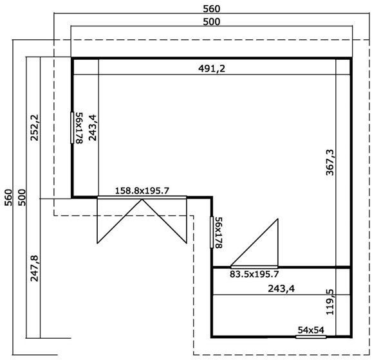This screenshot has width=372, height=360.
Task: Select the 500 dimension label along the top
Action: [x=211, y=21]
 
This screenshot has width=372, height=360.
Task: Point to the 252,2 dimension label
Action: [x=34, y=128]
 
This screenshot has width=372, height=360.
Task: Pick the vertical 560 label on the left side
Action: [x=8, y=196]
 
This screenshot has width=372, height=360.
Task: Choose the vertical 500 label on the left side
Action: [x=21, y=196]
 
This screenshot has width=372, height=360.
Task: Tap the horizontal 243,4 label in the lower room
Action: [x=281, y=289]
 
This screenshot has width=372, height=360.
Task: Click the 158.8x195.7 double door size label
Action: [x=142, y=190]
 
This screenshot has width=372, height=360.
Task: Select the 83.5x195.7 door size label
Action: [x=254, y=273]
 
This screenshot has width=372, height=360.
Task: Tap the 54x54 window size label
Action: [x=310, y=330]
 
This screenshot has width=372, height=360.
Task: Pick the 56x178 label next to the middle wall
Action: [x=219, y=232]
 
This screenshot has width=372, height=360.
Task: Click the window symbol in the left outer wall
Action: [x=72, y=127]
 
